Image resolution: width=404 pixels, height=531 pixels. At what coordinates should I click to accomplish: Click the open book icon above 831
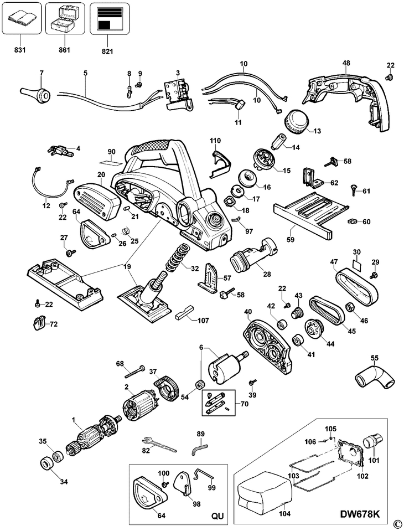click(x=21, y=18)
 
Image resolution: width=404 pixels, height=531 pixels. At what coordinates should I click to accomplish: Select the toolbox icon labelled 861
click(x=64, y=19)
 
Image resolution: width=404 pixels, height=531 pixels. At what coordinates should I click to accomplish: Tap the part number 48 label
click(x=346, y=63)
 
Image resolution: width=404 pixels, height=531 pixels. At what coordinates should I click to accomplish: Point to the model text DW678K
click(x=359, y=514)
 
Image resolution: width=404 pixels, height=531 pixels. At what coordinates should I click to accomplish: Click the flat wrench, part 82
click(x=159, y=445)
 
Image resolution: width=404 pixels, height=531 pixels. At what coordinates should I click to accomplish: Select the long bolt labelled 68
click(x=134, y=372)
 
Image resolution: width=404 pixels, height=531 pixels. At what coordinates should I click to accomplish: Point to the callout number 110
click(x=215, y=141)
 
